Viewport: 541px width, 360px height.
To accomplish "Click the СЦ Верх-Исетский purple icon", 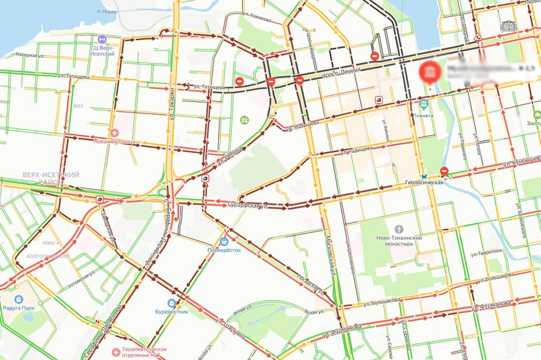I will [102, 39].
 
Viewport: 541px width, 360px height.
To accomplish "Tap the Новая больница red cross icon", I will [115, 133].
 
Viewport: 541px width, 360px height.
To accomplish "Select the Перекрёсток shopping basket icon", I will [224, 241].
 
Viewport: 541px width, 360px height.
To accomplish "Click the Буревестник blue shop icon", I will [172, 303].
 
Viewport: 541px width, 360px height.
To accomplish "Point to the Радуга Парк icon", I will [19, 299].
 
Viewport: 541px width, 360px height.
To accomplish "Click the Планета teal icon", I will [424, 104].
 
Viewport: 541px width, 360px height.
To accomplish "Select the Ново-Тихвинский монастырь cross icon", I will [399, 229].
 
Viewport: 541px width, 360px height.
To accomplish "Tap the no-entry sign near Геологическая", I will [444, 171].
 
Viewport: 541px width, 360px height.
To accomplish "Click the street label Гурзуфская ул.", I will [248, 205].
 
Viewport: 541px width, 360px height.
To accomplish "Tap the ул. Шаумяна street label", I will [231, 329].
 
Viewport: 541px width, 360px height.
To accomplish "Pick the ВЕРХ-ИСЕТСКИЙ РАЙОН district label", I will [51, 178].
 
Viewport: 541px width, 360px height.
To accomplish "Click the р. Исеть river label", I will [107, 11].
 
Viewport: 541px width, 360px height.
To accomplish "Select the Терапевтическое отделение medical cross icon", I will [116, 352].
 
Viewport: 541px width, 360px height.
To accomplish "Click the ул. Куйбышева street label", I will [521, 160].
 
